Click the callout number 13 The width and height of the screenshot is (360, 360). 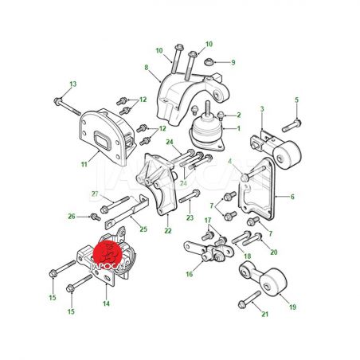(73, 84)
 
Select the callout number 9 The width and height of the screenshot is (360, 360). (233, 62)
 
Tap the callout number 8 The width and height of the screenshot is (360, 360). (147, 68)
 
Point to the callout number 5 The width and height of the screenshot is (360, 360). (297, 100)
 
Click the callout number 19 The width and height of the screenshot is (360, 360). (292, 307)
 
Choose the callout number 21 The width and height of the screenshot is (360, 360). (265, 314)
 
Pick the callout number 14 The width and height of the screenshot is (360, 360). (106, 303)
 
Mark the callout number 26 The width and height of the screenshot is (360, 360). (72, 217)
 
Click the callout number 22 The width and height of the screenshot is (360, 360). (168, 231)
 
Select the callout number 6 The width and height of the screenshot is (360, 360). (292, 197)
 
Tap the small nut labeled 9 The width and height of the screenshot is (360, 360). (209, 63)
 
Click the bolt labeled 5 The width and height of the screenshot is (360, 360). (292, 126)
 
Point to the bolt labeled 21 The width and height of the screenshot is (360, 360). (249, 299)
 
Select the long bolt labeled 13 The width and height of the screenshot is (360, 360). (67, 107)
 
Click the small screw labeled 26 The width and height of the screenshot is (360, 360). (96, 217)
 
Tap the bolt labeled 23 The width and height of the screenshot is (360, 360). (190, 196)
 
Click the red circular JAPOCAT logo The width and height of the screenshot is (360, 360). (109, 253)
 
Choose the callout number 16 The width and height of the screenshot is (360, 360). (190, 274)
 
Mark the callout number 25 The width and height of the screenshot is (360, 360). (143, 229)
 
